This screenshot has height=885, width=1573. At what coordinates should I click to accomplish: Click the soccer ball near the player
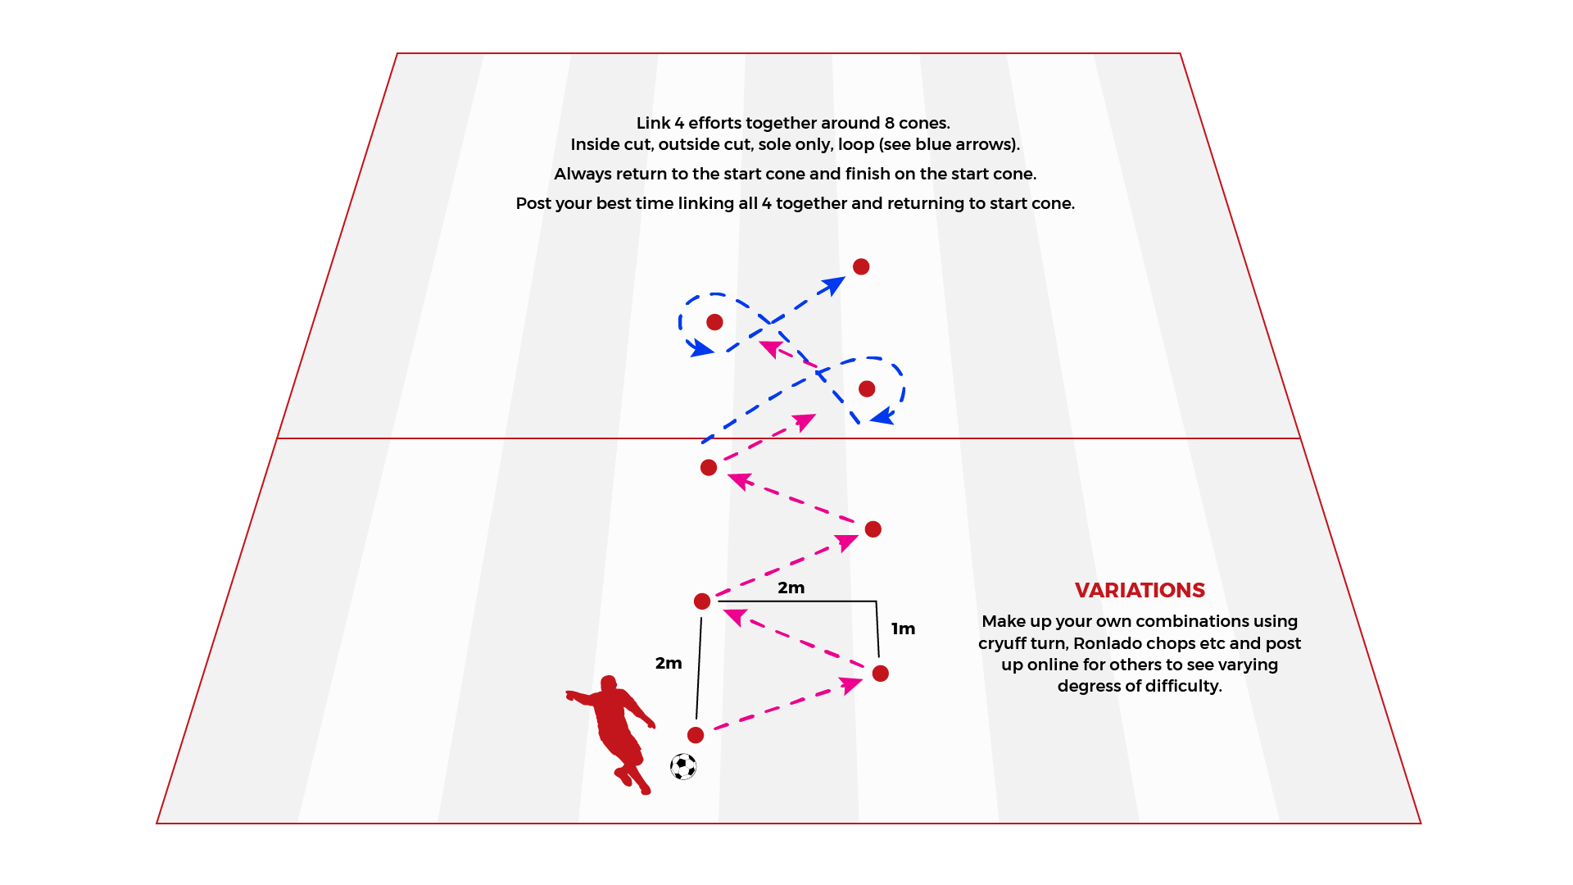[x=683, y=767]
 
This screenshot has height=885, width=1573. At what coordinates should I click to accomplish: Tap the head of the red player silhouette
[x=609, y=683]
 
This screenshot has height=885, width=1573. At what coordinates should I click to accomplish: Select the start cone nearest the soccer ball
[x=696, y=735]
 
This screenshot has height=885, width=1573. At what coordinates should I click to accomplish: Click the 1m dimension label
[x=903, y=629]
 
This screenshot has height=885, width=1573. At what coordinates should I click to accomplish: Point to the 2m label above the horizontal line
[x=791, y=588]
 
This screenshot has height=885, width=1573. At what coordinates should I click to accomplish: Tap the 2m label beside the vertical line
[x=669, y=663]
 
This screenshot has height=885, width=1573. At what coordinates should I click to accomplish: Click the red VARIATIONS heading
[x=1140, y=590]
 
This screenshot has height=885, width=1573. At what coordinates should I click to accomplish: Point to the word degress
[x=1088, y=687]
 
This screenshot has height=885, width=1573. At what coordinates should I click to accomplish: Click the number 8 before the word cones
[x=889, y=123]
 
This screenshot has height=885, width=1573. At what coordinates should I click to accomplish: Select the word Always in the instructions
[x=582, y=175]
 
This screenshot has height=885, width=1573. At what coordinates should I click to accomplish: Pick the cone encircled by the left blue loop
[x=714, y=322]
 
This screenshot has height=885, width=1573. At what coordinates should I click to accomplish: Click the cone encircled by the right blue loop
[x=867, y=388]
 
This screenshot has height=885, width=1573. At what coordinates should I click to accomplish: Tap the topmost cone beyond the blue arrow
[x=861, y=266]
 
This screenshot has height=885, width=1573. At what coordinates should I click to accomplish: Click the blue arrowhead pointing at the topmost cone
[x=833, y=286]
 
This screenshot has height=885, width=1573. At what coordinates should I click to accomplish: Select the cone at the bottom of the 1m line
[x=881, y=674]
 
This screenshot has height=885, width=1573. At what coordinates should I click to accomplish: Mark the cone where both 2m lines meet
[x=702, y=601]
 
